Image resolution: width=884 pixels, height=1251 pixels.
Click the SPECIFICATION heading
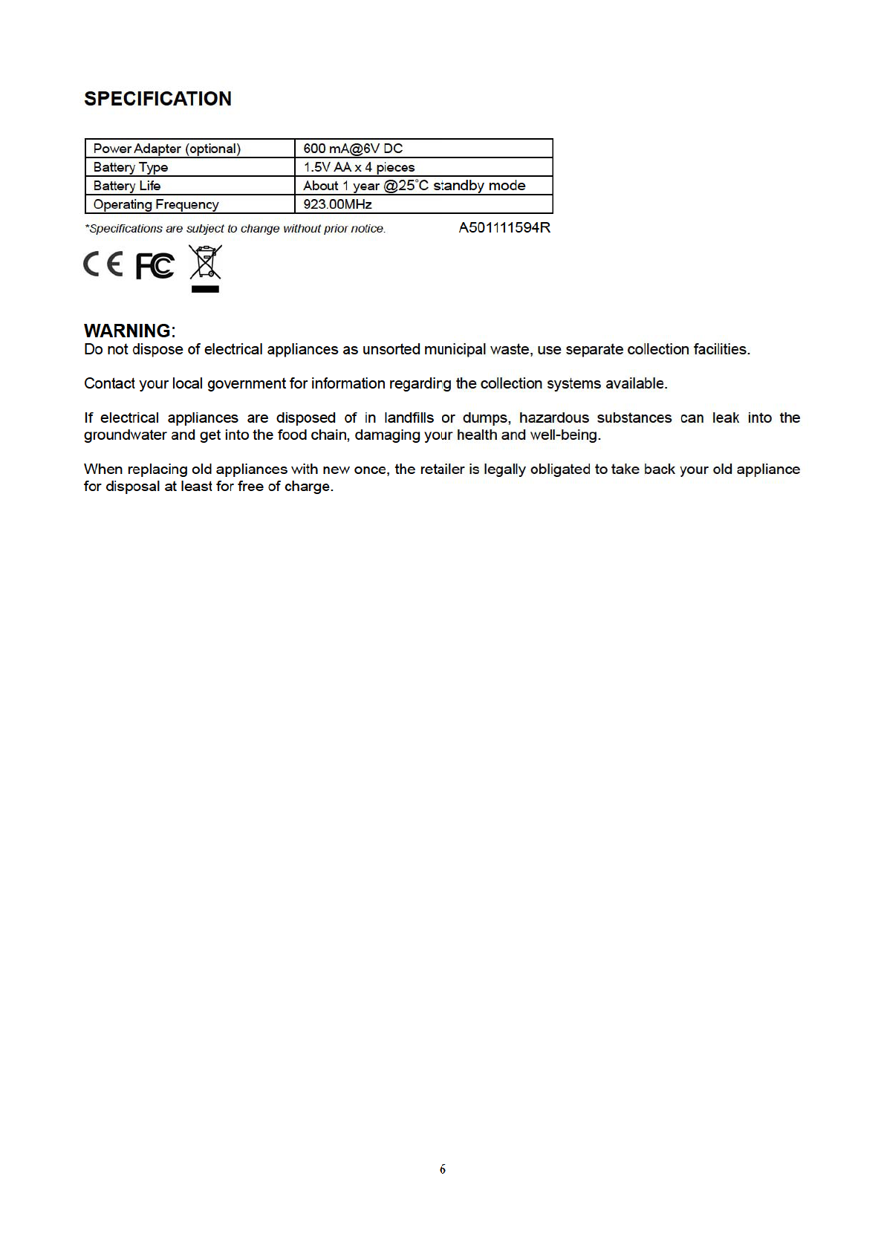point(157,99)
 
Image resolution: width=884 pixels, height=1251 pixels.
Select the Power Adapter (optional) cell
point(167,149)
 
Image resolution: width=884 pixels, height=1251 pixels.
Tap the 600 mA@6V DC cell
point(353,149)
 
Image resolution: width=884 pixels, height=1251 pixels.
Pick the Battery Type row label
point(131,167)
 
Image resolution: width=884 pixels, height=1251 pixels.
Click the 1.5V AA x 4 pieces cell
point(359,167)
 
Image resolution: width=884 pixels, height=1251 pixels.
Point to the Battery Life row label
point(127,186)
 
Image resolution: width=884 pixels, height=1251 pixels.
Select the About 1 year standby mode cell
point(414,186)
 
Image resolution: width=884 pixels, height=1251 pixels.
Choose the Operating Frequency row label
point(156,204)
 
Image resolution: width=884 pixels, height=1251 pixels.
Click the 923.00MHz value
point(337,204)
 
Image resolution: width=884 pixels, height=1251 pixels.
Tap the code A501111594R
point(504,228)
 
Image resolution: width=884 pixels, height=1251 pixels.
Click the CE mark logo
point(103,264)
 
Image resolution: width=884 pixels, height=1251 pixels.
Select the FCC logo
point(155,266)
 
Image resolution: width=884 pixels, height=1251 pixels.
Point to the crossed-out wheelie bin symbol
point(205,267)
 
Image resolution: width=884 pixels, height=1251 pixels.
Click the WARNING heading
point(129,331)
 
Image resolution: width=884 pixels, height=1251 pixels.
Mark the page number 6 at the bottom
point(443,1169)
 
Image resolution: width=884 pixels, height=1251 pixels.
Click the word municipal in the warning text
point(455,350)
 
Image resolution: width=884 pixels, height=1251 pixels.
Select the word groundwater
point(126,435)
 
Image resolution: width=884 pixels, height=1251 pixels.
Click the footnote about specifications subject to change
point(235,229)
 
